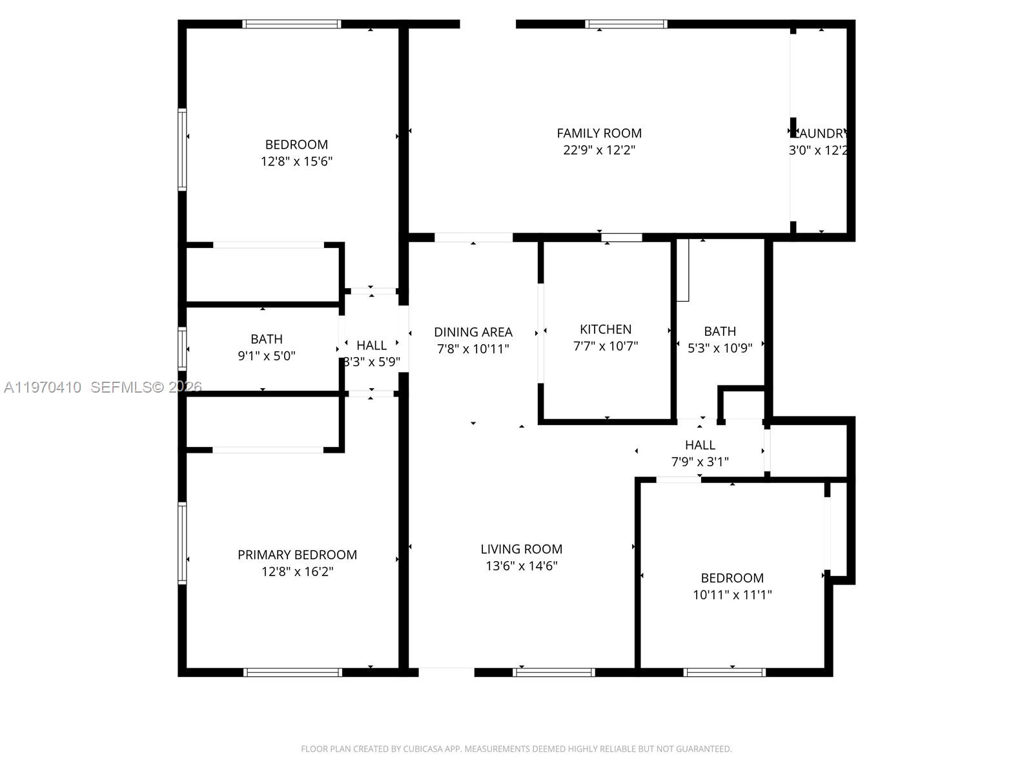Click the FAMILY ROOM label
[598, 133]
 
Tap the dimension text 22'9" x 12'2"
[598, 150]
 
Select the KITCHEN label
[605, 329]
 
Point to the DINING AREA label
[473, 332]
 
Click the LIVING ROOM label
[521, 549]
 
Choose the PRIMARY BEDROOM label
[297, 555]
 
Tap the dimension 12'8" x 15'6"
[296, 161]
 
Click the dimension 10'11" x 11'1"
[732, 595]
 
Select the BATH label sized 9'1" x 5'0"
[266, 339]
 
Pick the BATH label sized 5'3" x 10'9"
[719, 331]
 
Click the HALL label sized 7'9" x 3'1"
[700, 445]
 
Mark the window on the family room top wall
[626, 25]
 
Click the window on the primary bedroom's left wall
[182, 543]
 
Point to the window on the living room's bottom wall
[553, 672]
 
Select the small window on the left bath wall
[182, 349]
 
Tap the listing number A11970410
[43, 387]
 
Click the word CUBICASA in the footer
[424, 749]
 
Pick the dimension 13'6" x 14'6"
[521, 566]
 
